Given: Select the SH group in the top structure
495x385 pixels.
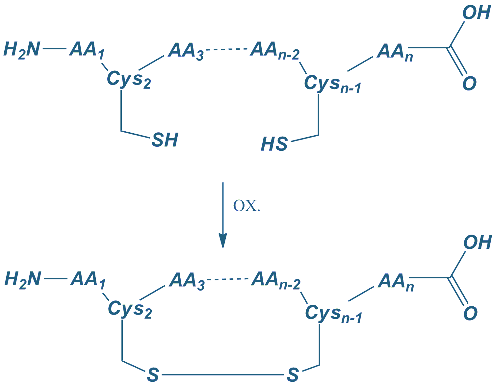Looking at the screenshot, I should coord(165,140).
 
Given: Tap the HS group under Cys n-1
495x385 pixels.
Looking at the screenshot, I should coord(274,144).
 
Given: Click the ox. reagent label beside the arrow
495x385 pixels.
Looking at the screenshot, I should coord(247,206).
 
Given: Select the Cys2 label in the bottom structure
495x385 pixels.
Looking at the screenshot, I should coord(130,310).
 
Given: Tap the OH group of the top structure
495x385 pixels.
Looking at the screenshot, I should coord(477,13).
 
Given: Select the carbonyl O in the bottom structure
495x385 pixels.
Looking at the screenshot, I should coord(470,313).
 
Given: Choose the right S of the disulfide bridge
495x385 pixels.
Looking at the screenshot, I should coord(293,375).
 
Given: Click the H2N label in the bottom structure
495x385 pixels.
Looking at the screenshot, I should coord(23,279).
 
